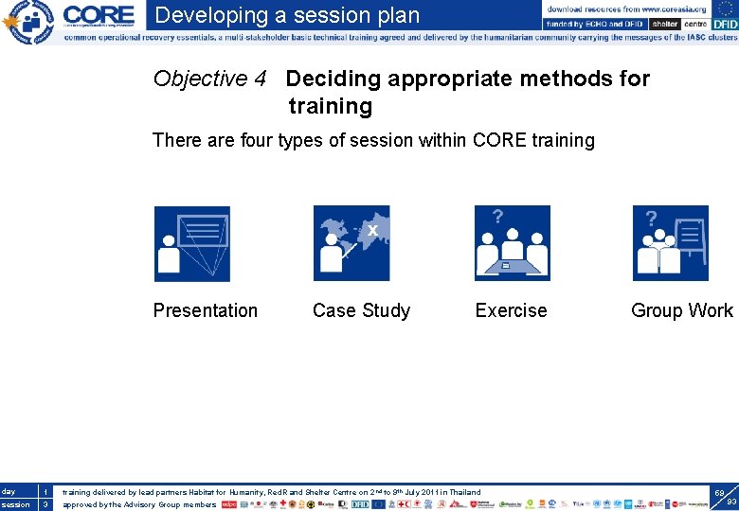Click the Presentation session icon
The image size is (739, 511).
[x=192, y=244]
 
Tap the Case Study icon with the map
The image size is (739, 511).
[x=351, y=244]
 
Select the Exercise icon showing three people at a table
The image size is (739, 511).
[x=512, y=244]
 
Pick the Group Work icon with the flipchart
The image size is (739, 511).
[x=671, y=244]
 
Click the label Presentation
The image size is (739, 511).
[x=206, y=310]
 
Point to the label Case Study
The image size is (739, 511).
[x=361, y=310]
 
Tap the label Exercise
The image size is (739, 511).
[x=511, y=310]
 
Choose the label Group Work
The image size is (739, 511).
[x=682, y=310]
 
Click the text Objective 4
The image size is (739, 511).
[x=209, y=79]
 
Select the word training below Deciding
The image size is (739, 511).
[x=330, y=106]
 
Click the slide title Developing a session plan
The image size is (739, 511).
[x=287, y=15]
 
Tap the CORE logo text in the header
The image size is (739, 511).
[x=99, y=15]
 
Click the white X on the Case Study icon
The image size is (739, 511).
[x=373, y=230]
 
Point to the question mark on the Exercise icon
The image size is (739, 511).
[x=497, y=217]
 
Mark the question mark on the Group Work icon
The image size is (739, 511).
[x=652, y=219]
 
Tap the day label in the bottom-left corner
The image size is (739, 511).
[x=9, y=492]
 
